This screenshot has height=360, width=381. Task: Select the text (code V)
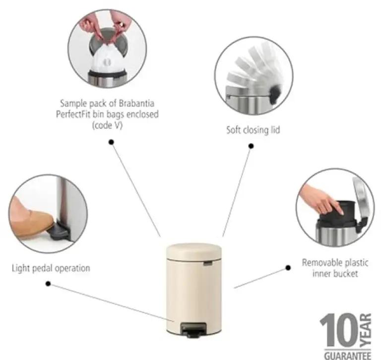(x=107, y=125)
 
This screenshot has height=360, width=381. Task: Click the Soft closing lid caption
(x=253, y=130)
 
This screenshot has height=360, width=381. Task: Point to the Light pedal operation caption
(x=51, y=268)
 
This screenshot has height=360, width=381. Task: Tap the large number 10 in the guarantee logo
(x=339, y=330)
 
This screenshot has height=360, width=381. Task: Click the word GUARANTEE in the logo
(x=348, y=356)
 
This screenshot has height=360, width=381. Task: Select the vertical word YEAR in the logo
(x=366, y=330)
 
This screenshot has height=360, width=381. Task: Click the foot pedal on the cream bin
(x=193, y=330)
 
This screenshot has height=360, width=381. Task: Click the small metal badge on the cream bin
(x=208, y=263)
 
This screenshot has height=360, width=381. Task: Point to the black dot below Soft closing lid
(x=251, y=146)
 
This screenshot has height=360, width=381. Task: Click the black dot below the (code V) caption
(x=111, y=142)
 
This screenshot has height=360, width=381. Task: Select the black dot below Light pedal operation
(x=48, y=284)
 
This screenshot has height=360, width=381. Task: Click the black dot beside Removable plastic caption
(x=288, y=268)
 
